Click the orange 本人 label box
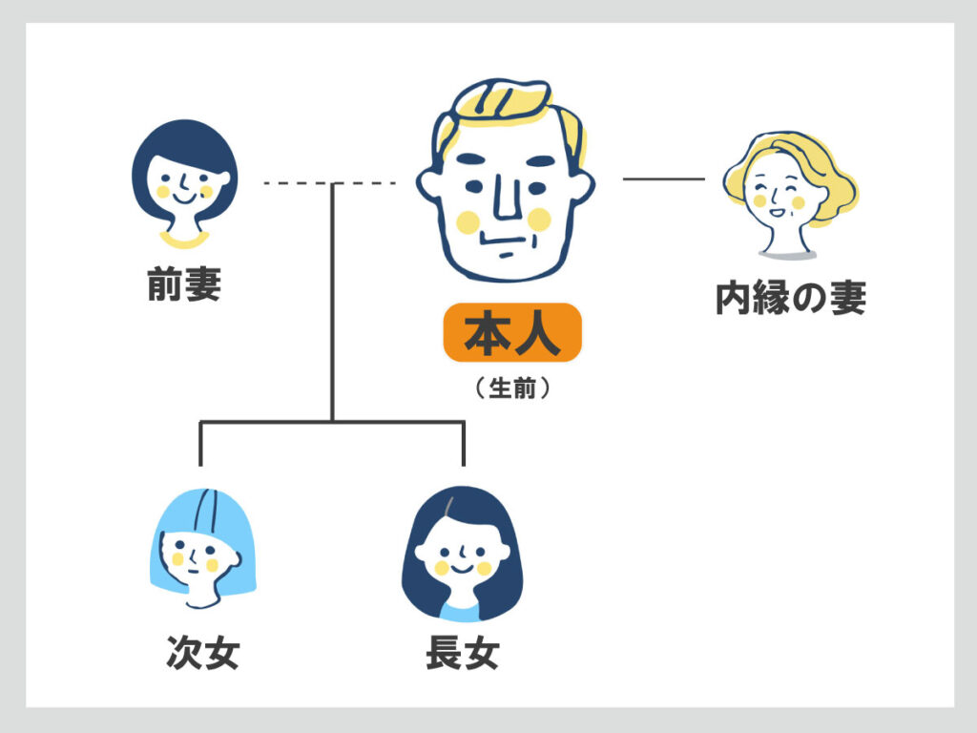coord(512,332)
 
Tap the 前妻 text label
coord(184,284)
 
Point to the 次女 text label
coord(202,654)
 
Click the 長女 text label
coord(463,654)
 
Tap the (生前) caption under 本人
coord(512,390)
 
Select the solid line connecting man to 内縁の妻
coord(663,178)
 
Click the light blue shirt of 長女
coord(461,610)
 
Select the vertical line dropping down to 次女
coord(200,444)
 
